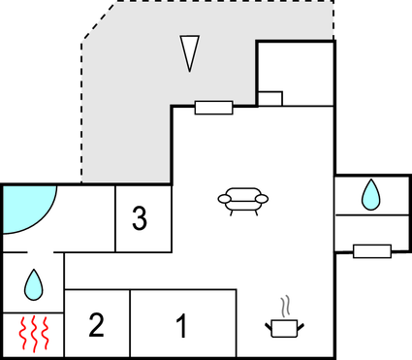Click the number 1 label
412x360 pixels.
(x=181, y=326)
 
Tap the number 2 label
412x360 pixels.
(x=96, y=325)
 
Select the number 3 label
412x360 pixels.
(x=140, y=219)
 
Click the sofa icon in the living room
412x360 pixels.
(x=242, y=200)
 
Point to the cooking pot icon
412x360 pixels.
(x=283, y=328)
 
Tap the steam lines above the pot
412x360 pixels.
(x=284, y=307)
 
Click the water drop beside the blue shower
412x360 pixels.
(x=34, y=283)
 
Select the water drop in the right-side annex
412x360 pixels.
(x=371, y=195)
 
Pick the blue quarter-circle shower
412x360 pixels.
(x=23, y=209)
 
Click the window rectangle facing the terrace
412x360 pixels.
(x=213, y=107)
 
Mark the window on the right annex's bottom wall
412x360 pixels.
(x=372, y=251)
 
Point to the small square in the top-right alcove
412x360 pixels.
(x=270, y=98)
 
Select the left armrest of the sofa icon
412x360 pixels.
(x=225, y=200)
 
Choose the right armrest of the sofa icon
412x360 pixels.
(x=261, y=200)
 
